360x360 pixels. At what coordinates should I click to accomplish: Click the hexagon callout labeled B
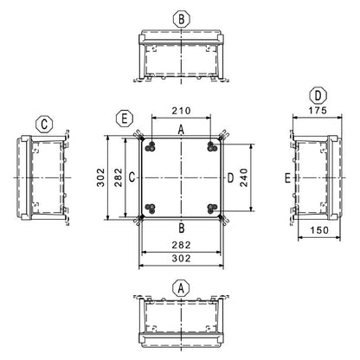[x=180, y=18]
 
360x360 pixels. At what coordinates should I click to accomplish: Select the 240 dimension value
[x=245, y=177]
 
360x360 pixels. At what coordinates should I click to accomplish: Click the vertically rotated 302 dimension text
[x=101, y=177]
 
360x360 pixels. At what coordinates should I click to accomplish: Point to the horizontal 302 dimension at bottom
[x=180, y=259]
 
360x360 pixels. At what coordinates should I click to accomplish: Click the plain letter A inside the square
[x=180, y=129]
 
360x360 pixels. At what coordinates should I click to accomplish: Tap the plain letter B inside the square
[x=180, y=228]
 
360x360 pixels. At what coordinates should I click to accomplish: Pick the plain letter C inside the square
[x=132, y=177]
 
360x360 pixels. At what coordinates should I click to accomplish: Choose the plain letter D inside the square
[x=228, y=177]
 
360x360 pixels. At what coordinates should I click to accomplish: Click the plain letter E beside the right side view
[x=286, y=178]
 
